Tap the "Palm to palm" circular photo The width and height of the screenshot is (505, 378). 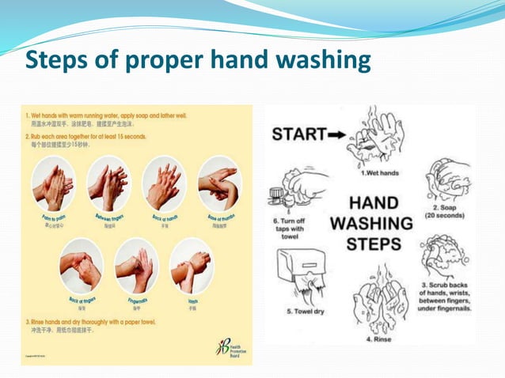pos(54,183)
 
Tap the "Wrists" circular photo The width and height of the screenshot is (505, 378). pos(191,266)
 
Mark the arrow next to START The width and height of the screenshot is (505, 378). pos(336,135)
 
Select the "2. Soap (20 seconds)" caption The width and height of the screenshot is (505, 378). pos(447,210)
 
